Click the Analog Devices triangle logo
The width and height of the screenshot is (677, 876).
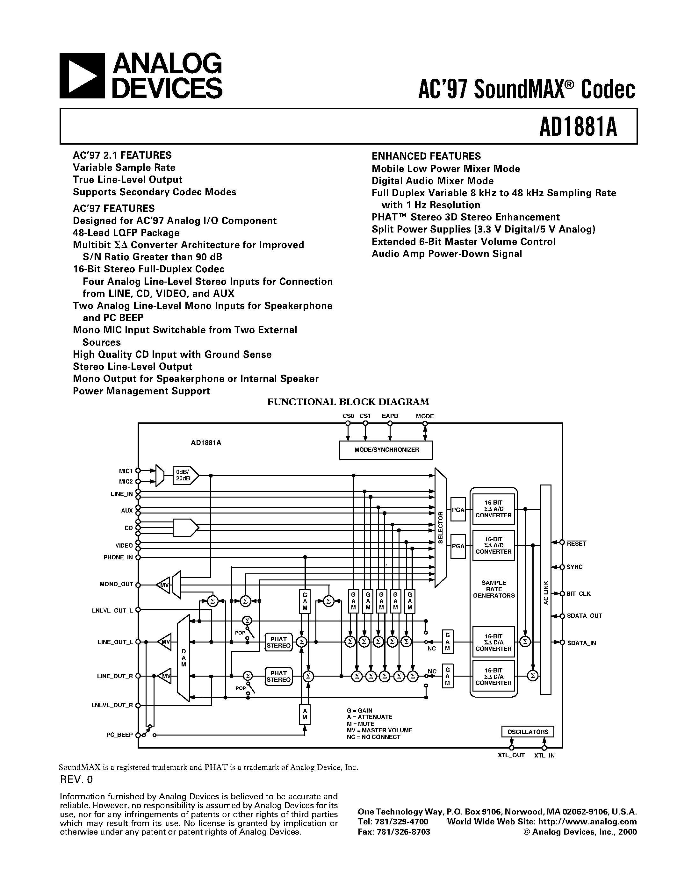(x=82, y=76)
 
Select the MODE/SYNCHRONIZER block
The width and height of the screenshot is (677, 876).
(x=386, y=450)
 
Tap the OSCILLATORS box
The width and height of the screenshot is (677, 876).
(x=527, y=732)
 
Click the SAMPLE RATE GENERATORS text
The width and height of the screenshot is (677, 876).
(x=494, y=589)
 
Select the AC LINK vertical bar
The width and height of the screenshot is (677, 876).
(x=545, y=590)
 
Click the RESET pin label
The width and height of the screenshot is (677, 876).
(x=576, y=544)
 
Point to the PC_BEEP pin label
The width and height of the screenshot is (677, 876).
(x=119, y=735)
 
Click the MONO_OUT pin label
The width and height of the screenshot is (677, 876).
(x=116, y=584)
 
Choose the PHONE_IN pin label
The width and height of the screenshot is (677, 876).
(x=118, y=557)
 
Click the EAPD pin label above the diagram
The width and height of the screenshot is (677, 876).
(x=390, y=416)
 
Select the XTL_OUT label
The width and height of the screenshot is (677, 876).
(x=511, y=755)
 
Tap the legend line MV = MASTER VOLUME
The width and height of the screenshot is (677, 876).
(x=379, y=730)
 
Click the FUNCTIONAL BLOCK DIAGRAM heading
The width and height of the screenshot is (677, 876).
(x=348, y=402)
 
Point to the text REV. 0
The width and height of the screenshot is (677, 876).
(x=76, y=779)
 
